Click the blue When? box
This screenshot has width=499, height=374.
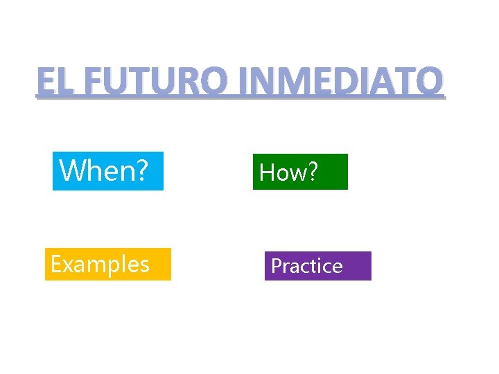pyautogui.click(x=108, y=170)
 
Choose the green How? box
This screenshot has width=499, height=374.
pyautogui.click(x=300, y=172)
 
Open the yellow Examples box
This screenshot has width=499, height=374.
pyautogui.click(x=107, y=264)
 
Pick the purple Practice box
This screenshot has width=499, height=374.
pyautogui.click(x=317, y=266)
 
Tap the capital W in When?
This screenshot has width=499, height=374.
pyautogui.click(x=72, y=170)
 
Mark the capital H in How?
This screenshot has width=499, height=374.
pyautogui.click(x=267, y=172)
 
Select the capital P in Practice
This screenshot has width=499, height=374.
pyautogui.click(x=276, y=266)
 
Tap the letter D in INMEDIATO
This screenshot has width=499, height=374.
pyautogui.click(x=335, y=82)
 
